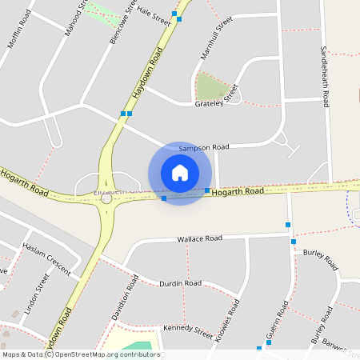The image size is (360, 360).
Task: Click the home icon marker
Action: [180, 173]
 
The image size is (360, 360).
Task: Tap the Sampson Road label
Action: [204, 148]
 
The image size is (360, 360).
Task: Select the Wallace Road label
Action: [199, 238]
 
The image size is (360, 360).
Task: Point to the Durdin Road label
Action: [180, 283]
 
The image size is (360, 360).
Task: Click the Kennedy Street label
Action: [188, 330]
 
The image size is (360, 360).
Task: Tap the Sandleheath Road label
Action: [325, 77]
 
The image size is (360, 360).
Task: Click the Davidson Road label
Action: [125, 304]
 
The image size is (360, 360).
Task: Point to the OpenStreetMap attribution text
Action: [80, 354]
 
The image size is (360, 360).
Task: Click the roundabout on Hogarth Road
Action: [106, 198]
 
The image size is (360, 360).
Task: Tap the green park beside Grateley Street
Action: [212, 86]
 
